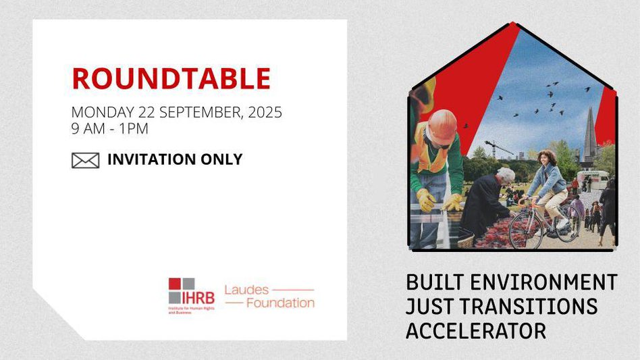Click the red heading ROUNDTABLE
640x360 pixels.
[171, 78]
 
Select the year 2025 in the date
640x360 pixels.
[265, 112]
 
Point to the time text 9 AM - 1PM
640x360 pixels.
[110, 128]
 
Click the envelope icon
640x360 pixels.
[85, 160]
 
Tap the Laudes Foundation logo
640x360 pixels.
[269, 297]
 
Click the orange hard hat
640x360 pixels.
[442, 126]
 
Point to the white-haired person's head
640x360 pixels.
[506, 176]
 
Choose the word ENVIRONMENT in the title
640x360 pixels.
[543, 282]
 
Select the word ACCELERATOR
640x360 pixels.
[476, 331]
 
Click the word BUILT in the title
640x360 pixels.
[435, 282]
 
